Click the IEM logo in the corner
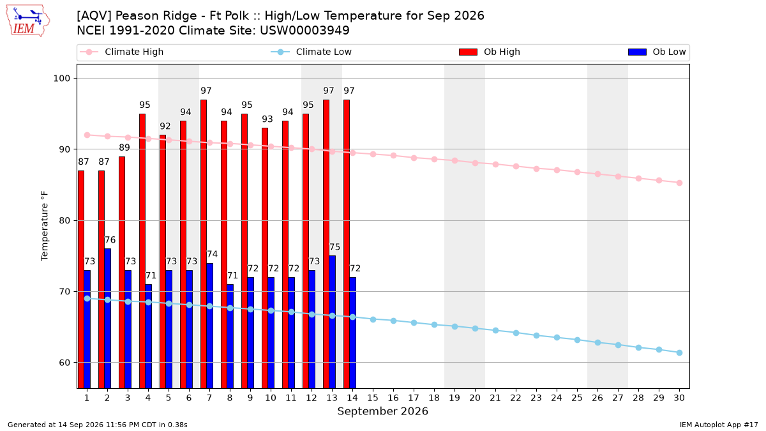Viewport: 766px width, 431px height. pos(27,20)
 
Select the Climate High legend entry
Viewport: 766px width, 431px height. pos(121,52)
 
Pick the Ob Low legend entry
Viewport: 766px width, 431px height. pos(657,52)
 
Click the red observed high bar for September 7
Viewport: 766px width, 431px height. pos(204,244)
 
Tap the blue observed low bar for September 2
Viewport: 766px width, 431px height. pos(107,319)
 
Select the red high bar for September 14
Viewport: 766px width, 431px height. pos(347,244)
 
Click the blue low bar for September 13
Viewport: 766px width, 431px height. pos(332,322)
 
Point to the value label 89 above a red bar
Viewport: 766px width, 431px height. pos(124,147)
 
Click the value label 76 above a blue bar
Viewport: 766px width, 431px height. pos(110,240)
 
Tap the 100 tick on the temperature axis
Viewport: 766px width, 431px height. pos(61,79)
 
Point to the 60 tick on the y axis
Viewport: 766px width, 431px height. pos(64,363)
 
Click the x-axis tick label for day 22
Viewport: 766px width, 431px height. pos(516,398)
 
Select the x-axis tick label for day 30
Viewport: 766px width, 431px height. pos(679,398)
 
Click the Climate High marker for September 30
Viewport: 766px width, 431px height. pos(679,183)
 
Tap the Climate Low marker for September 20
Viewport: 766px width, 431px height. pos(475,328)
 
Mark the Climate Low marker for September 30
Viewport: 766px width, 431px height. pos(679,352)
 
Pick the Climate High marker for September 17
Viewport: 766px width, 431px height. pos(414,158)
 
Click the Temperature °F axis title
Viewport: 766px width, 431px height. pos(45,226)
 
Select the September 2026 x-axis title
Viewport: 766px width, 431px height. pos(382,411)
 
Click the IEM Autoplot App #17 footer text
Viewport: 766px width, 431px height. pos(719,425)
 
